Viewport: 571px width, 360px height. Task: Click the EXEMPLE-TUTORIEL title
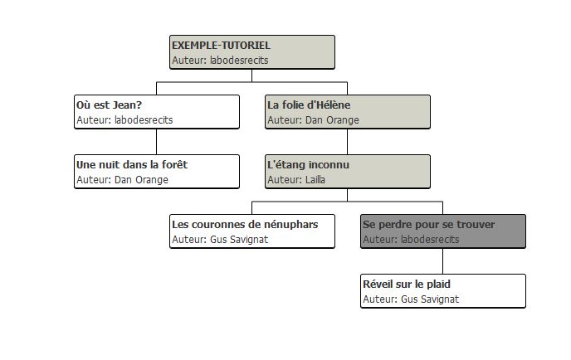tap(221, 46)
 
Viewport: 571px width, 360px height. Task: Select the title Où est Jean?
tap(109, 105)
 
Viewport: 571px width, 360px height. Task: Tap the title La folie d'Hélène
tap(309, 105)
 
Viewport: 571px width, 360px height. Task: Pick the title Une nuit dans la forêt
tap(132, 165)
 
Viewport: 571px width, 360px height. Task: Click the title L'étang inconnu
tap(308, 165)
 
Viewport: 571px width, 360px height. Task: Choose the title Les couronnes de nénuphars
tap(245, 225)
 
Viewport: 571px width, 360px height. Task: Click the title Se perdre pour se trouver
tap(428, 225)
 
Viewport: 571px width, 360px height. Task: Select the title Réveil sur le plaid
tap(407, 285)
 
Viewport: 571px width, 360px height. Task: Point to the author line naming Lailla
tap(296, 180)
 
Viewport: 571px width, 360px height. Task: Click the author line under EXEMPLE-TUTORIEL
tap(220, 61)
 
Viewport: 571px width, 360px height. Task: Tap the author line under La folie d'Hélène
tap(313, 120)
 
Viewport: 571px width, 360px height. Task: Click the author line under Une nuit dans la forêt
tap(122, 180)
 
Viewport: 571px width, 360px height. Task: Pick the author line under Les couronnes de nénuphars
tap(220, 240)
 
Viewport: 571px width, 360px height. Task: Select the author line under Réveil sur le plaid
tap(411, 299)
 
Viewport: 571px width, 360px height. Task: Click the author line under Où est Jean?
tap(124, 120)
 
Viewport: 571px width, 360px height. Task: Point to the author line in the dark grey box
tap(411, 240)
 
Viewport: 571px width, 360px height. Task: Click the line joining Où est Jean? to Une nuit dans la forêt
tap(157, 142)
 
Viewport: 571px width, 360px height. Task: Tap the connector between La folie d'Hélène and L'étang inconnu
tap(348, 142)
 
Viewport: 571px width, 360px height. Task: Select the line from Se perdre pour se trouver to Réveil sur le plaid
tap(443, 261)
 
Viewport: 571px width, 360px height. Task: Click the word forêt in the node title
tap(174, 165)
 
